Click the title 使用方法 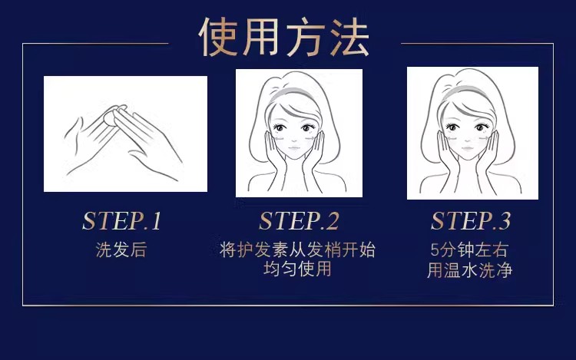284,36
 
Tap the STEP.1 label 121,221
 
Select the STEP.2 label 299,221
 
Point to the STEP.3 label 471,221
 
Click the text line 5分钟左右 469,250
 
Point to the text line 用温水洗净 469,270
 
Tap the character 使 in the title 221,36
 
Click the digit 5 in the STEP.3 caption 435,250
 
